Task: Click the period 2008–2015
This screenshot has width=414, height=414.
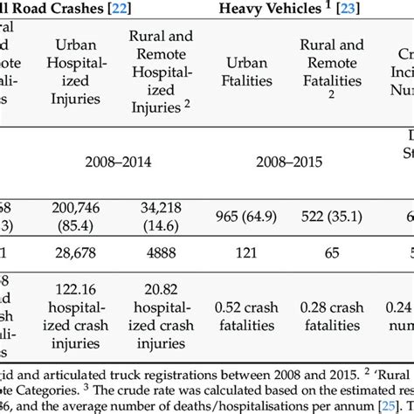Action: [x=289, y=162]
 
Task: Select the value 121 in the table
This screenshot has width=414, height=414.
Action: [x=248, y=252]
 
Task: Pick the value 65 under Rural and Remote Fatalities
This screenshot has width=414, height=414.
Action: [x=332, y=252]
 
